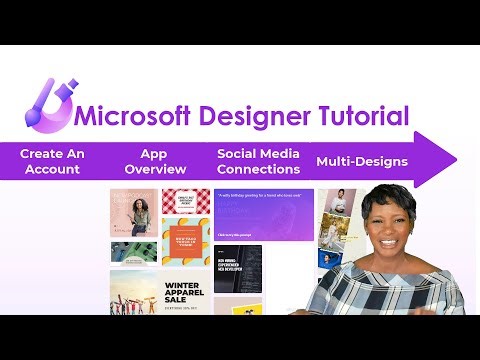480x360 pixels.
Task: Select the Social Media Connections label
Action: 257,161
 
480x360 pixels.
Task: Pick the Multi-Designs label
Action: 361,162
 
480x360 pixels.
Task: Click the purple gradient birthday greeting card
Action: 264,214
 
